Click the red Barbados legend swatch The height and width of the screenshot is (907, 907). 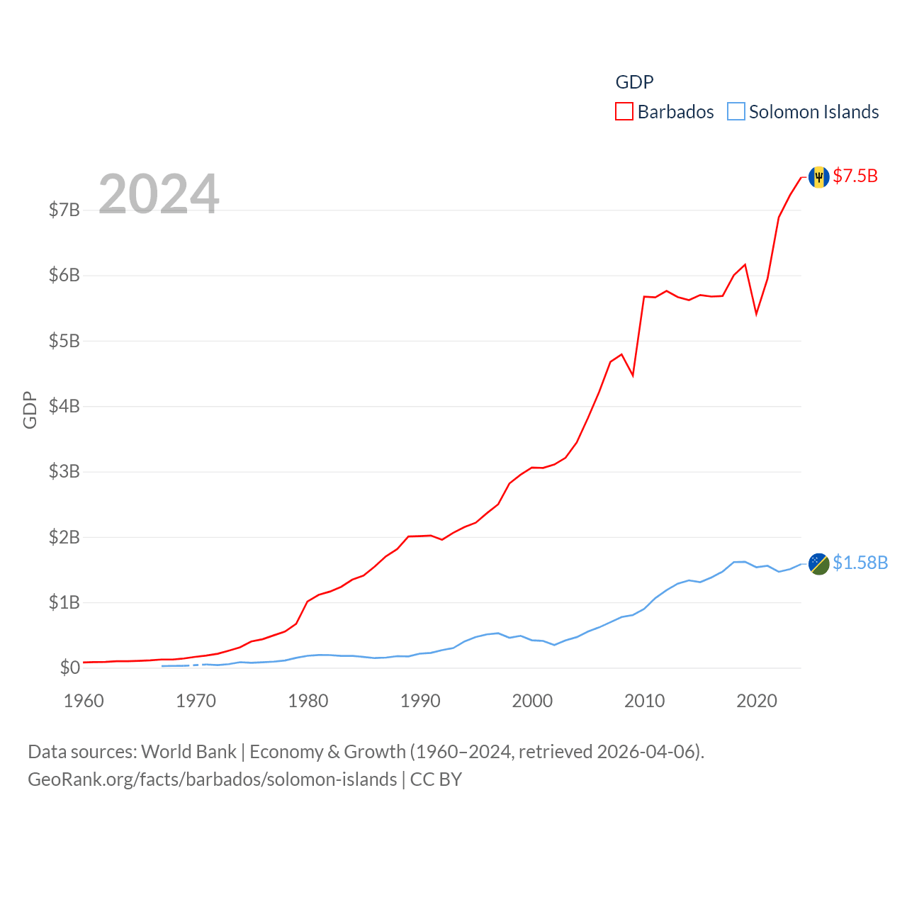(x=624, y=112)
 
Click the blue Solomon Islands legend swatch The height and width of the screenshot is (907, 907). (x=736, y=112)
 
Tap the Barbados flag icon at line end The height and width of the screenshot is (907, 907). (x=818, y=177)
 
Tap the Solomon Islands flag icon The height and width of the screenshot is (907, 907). (x=818, y=564)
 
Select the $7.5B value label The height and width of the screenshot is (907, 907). (x=855, y=176)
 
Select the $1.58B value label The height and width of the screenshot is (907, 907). (x=860, y=563)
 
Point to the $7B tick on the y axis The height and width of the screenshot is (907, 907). (x=64, y=210)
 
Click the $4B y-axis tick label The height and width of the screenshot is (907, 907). (x=64, y=406)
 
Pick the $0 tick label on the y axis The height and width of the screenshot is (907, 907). (x=69, y=667)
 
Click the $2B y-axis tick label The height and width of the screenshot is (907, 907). (x=64, y=537)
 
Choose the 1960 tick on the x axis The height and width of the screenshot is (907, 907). (x=84, y=701)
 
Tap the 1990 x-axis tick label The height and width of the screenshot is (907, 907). (x=420, y=701)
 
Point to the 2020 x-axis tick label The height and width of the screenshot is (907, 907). (x=757, y=701)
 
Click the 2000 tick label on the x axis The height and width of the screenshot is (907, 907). (x=532, y=701)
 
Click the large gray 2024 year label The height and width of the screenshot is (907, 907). (x=159, y=193)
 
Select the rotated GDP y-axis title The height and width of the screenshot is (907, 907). (x=30, y=410)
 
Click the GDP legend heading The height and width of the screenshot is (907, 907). (x=634, y=82)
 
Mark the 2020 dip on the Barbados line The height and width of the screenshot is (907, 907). (x=756, y=313)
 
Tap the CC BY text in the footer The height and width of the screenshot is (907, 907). (x=436, y=779)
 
